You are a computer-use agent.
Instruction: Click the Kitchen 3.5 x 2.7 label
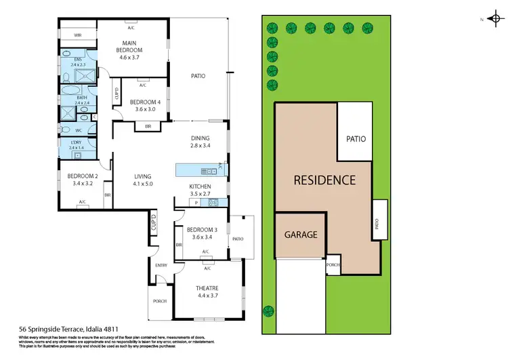200,190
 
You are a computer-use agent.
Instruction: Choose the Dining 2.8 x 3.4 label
202,142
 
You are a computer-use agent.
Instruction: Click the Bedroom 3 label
201,233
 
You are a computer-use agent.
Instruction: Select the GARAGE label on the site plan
301,235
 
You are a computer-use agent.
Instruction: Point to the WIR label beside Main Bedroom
78,34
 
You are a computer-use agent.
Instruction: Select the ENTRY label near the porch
161,265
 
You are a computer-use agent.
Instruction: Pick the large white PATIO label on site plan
356,139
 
